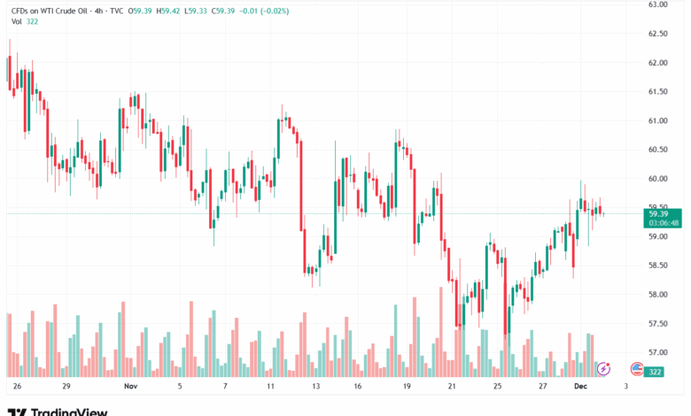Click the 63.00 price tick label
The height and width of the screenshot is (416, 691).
click(657, 4)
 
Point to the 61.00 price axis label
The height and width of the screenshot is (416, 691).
click(657, 120)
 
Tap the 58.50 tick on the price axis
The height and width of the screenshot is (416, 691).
click(657, 266)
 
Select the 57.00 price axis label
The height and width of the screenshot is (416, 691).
click(657, 352)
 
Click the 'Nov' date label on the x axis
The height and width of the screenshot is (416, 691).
click(131, 387)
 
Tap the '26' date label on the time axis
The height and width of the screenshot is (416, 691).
click(18, 387)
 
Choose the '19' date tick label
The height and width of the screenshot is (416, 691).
click(407, 387)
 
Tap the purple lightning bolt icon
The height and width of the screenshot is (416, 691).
click(604, 368)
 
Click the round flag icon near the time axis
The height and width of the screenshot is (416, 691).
click(636, 368)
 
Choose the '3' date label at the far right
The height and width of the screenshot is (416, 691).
click(625, 387)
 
